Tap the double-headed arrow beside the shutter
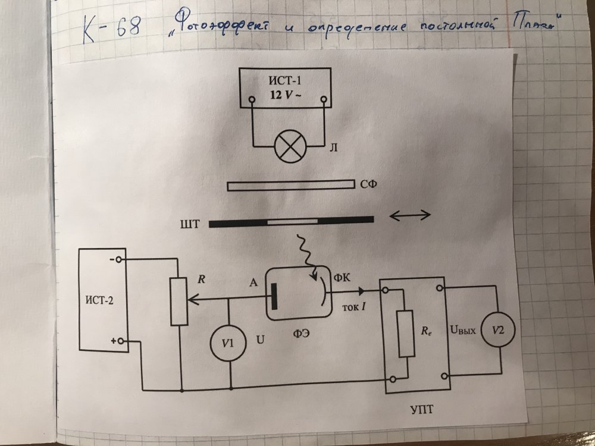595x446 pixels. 409,215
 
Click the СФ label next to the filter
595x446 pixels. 369,186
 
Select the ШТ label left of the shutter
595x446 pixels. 195,224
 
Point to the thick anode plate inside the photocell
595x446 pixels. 275,296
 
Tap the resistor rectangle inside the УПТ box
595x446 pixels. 406,332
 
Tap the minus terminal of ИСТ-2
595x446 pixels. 119,259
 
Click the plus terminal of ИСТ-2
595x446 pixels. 119,341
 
